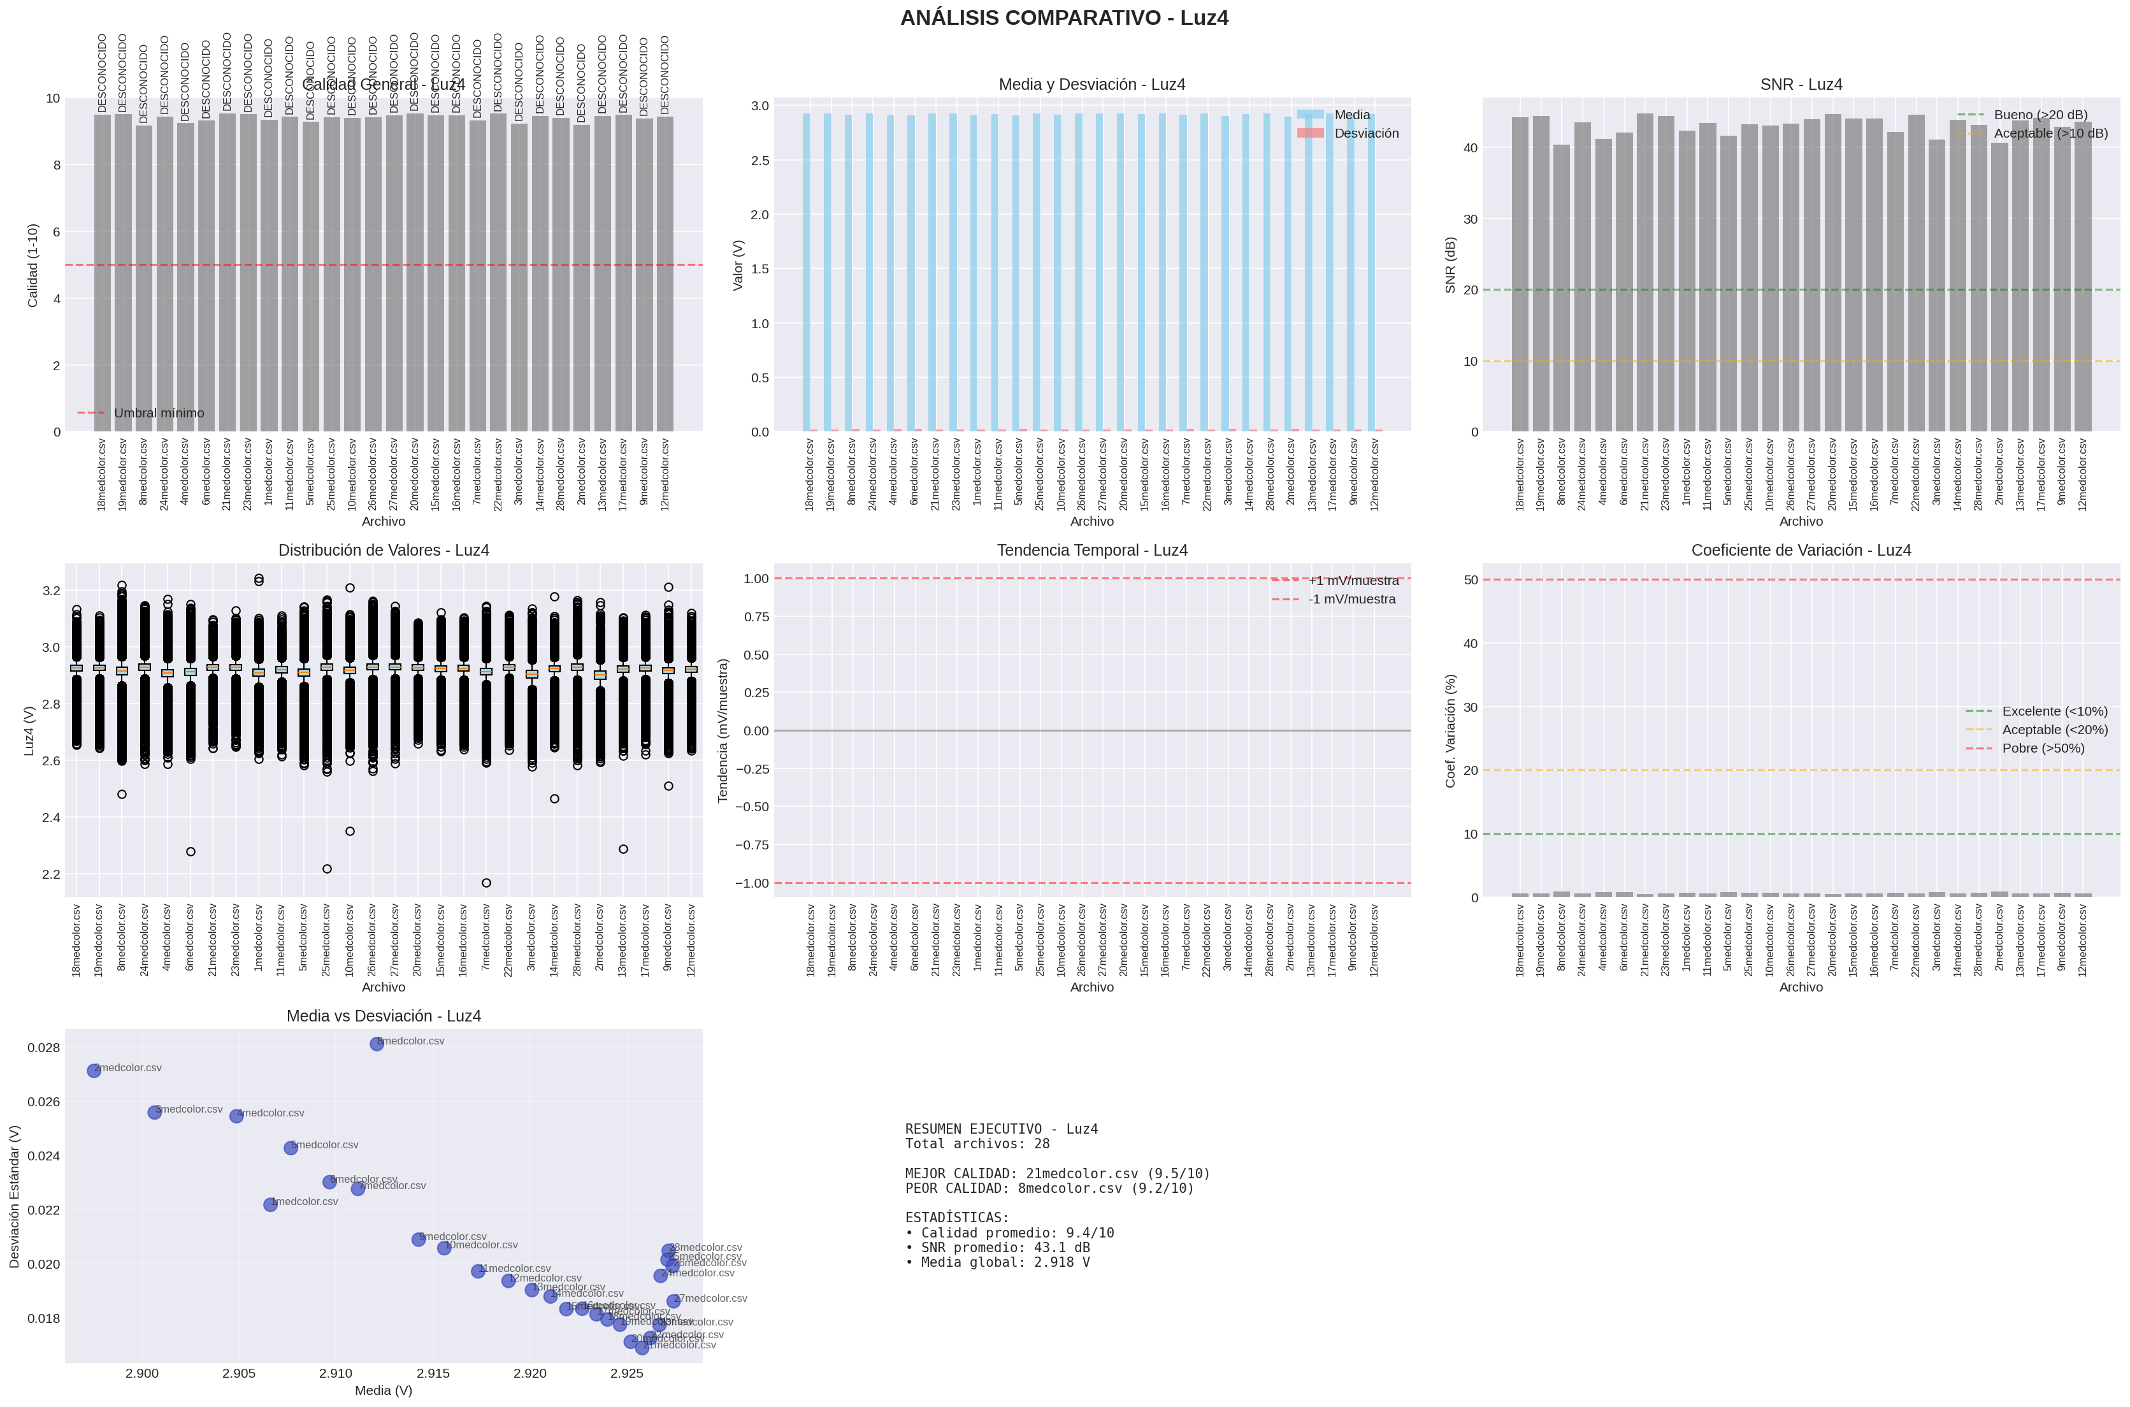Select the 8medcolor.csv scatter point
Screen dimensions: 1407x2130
[x=377, y=1044]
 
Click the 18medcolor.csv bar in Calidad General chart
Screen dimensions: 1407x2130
[x=103, y=269]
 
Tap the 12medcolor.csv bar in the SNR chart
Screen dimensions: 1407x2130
[x=2082, y=269]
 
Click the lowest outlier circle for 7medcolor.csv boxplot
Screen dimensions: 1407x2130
[x=486, y=883]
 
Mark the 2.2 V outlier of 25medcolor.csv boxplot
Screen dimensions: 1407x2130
[x=327, y=869]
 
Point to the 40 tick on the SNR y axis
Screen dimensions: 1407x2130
[x=1470, y=148]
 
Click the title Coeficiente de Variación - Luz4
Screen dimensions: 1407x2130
[x=1801, y=550]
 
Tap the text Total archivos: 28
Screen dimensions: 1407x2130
[x=977, y=1144]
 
